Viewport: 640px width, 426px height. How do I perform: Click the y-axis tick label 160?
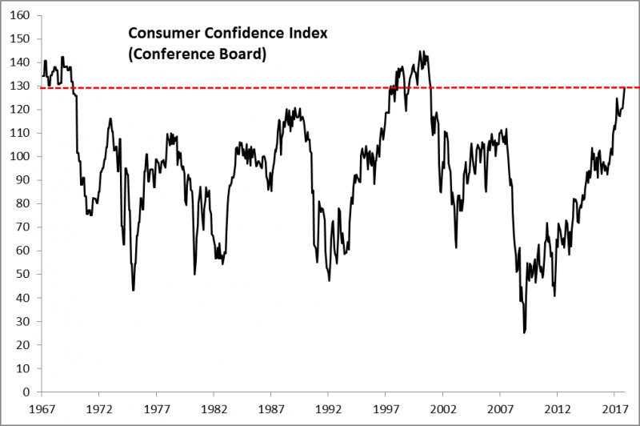click(x=22, y=15)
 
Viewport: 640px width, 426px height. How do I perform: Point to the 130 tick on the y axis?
click(x=22, y=86)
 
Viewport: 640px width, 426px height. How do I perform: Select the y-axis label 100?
click(x=22, y=157)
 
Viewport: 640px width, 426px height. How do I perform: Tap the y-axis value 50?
click(x=25, y=275)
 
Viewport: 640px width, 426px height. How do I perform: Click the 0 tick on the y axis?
click(x=28, y=392)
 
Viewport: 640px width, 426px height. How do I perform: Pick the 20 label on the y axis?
click(x=25, y=345)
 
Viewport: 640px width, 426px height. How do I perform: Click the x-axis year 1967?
click(x=41, y=408)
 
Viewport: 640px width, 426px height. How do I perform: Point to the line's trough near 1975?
click(x=133, y=290)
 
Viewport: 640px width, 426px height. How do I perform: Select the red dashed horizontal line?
click(x=240, y=87)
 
